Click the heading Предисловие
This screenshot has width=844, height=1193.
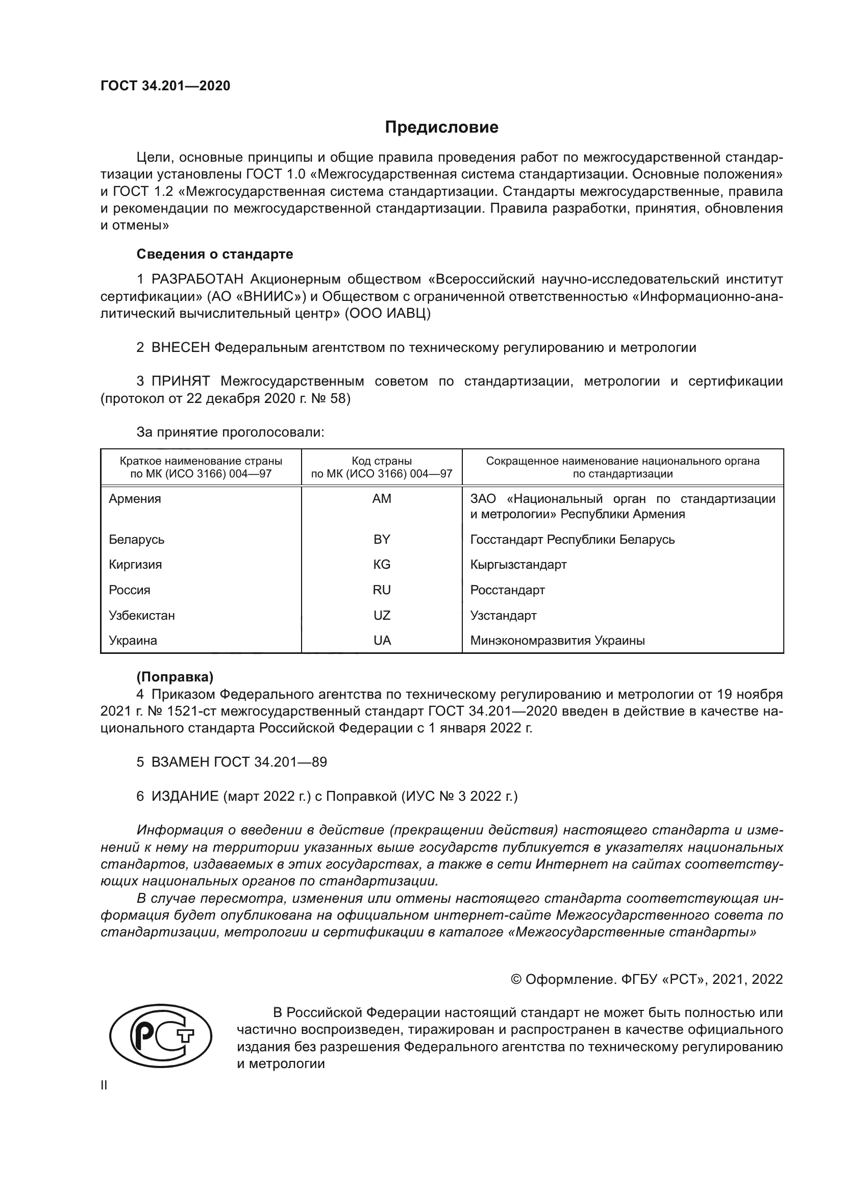coord(441,128)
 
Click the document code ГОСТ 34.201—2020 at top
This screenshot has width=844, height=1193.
coord(165,86)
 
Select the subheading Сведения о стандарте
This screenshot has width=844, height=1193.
coord(215,254)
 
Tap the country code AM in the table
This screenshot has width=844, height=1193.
coord(382,499)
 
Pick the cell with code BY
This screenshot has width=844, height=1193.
coord(382,539)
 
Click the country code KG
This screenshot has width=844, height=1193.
coord(382,565)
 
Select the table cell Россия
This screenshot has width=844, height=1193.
coord(130,590)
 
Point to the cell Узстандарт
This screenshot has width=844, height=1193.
coord(503,616)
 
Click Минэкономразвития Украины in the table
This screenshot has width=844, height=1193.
coord(557,641)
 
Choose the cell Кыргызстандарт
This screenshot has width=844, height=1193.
coord(518,565)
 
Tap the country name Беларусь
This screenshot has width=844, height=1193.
coord(136,539)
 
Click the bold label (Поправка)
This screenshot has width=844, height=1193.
coord(175,677)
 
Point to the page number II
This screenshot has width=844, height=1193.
coord(104,1085)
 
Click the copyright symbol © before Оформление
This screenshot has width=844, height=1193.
coord(516,979)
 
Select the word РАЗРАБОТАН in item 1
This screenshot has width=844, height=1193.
coord(197,280)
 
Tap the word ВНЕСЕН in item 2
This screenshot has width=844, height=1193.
coord(180,348)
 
